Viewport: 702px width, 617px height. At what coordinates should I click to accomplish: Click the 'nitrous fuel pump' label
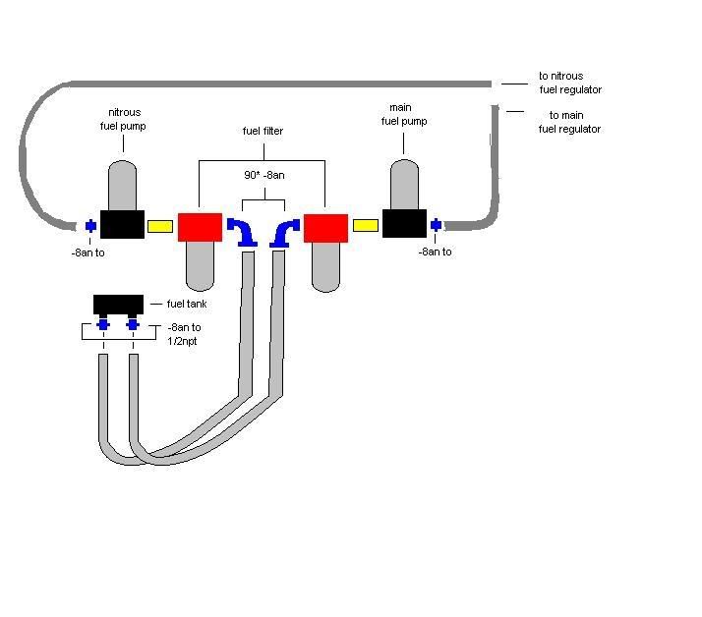coord(125,119)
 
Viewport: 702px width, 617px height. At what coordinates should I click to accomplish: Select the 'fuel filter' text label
coord(263,131)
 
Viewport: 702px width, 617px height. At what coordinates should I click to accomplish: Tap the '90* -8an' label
coord(263,174)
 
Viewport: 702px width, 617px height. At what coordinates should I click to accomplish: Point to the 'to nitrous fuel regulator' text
coord(570,83)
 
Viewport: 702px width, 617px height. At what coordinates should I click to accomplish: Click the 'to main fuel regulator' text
coord(570,122)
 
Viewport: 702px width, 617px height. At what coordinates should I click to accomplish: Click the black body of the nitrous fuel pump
coord(122,225)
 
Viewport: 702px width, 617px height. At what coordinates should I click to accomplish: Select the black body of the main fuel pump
coord(404,224)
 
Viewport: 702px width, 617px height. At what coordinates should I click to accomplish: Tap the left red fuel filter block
coord(200,227)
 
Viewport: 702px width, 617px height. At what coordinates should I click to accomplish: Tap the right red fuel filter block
coord(325,227)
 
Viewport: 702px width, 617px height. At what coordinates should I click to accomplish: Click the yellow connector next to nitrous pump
coord(159,226)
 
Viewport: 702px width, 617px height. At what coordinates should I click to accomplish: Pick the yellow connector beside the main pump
coord(365,225)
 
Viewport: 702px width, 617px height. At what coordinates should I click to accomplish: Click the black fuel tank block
coord(118,304)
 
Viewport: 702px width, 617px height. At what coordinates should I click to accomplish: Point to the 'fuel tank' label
coord(187,304)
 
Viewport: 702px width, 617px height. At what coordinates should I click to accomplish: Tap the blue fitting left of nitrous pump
coord(90,226)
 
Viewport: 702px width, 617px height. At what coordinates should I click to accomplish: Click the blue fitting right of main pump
coord(436,225)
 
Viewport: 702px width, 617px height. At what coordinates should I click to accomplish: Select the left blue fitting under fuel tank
coord(103,325)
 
